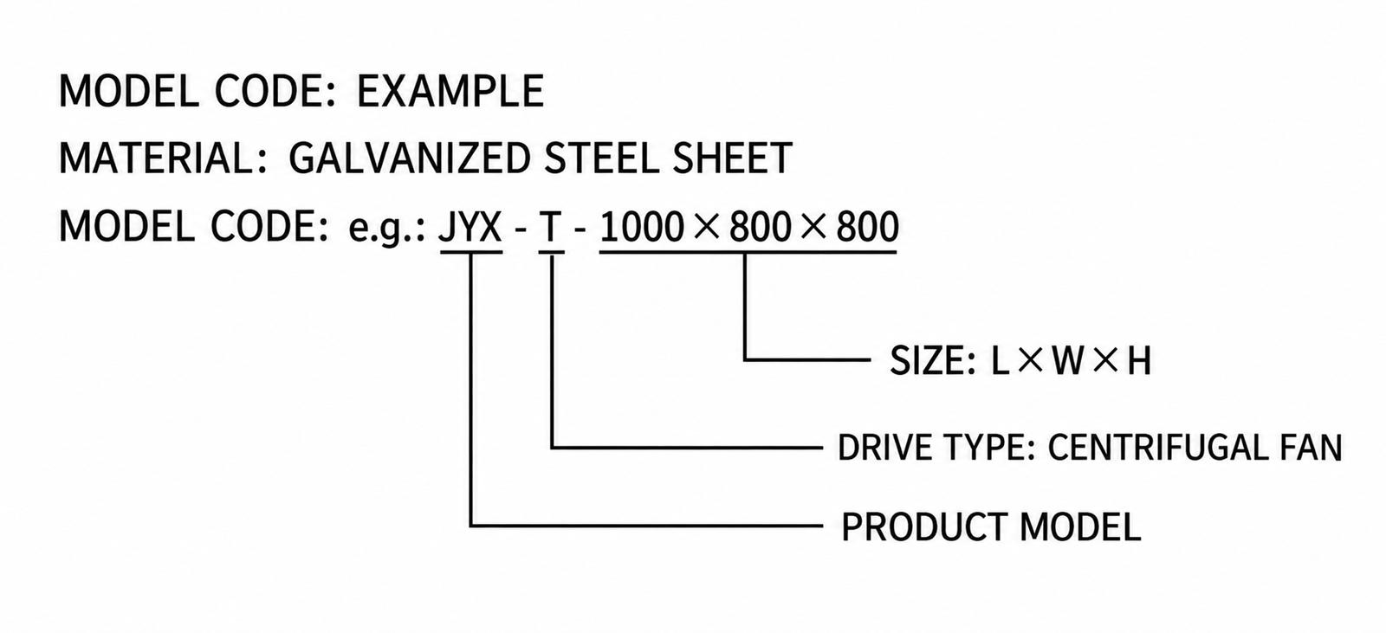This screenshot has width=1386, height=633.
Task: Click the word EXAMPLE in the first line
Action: click(450, 91)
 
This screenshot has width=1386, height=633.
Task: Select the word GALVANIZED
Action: click(410, 158)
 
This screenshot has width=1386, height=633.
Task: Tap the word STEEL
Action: click(602, 158)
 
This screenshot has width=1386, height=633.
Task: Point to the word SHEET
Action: click(733, 158)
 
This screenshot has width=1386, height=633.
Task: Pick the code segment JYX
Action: click(470, 227)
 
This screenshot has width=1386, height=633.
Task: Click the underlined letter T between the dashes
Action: click(551, 227)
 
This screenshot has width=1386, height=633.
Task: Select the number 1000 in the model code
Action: click(642, 227)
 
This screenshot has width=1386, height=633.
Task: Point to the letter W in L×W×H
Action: click(1066, 361)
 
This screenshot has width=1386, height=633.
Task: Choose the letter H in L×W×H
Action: click(1138, 361)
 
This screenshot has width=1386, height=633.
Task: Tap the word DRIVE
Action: click(878, 447)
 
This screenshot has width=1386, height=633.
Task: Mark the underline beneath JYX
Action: click(471, 253)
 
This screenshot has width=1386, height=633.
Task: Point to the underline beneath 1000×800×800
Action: click(748, 253)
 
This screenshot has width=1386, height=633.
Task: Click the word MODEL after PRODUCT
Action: click(1079, 527)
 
